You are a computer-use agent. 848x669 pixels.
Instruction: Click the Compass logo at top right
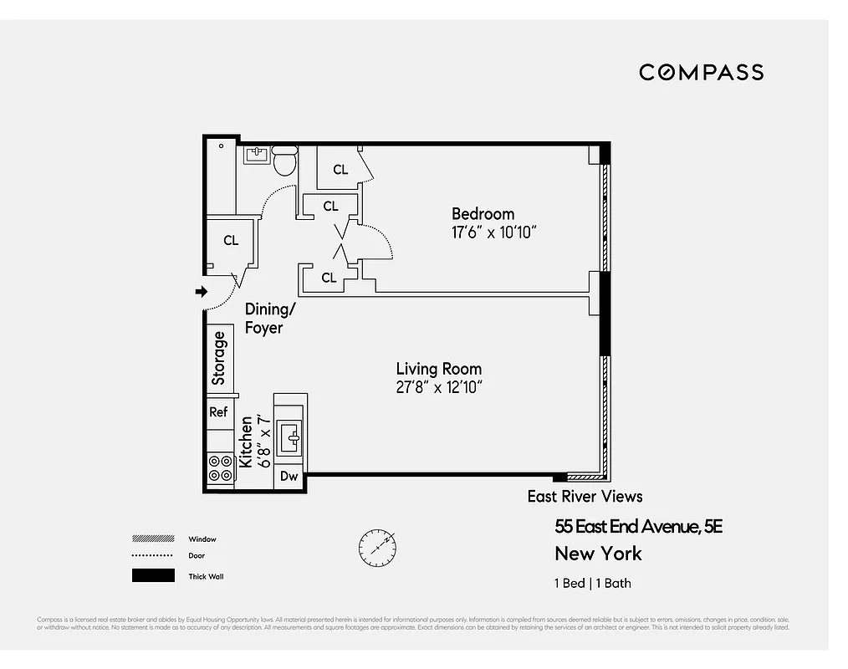coord(701,73)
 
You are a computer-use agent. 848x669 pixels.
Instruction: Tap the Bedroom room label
coord(483,214)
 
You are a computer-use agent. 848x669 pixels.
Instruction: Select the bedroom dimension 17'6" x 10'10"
coord(493,232)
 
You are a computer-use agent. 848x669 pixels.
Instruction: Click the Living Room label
coord(438,369)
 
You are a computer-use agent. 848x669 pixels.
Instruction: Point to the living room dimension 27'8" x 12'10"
coord(440,387)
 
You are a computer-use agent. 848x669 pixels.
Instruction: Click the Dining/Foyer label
coord(269,319)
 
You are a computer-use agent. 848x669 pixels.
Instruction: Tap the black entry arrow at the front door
coord(201,291)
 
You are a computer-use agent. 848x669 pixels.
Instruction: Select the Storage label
coord(219,358)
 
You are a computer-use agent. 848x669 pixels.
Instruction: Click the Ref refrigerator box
coord(218,412)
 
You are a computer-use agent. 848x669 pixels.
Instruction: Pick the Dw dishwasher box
coord(289,477)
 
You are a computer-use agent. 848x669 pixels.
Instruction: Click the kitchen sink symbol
coord(290,435)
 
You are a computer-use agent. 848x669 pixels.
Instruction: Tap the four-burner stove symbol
coord(220,468)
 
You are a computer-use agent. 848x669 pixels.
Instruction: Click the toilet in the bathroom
coord(285,159)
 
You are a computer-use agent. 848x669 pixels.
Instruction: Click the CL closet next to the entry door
coord(231,241)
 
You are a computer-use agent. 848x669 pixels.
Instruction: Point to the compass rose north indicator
coord(377,548)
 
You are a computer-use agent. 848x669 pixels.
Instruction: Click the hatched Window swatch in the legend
coord(153,539)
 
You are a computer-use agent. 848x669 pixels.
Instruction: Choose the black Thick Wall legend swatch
coord(153,575)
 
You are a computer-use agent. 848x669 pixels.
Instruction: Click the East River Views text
coord(585,497)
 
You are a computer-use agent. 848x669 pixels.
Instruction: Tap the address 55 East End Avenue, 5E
coord(638,527)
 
